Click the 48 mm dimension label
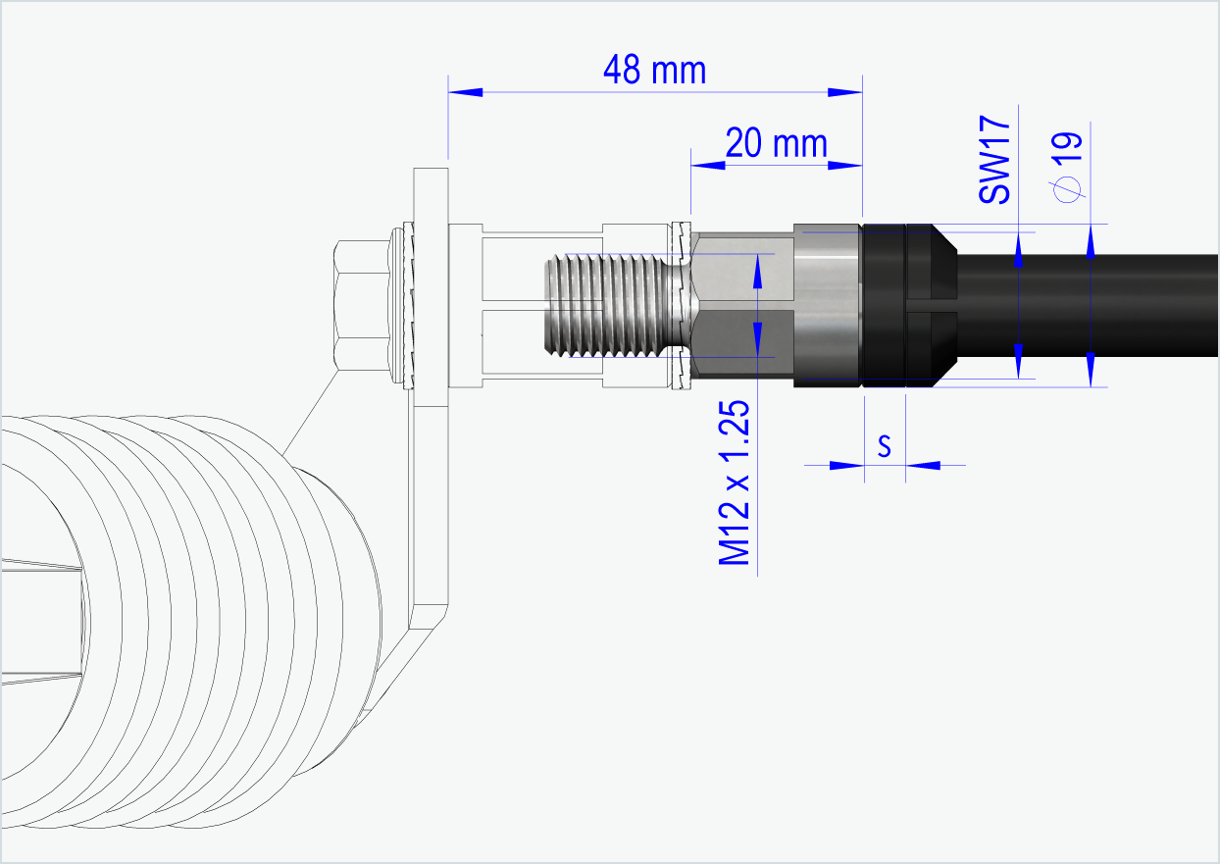click(654, 71)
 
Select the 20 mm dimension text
click(776, 143)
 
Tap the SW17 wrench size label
click(994, 159)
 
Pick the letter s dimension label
click(884, 446)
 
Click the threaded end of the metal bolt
click(598, 305)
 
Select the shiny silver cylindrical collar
click(826, 305)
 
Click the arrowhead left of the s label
click(846, 465)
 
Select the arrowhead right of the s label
click(923, 465)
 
